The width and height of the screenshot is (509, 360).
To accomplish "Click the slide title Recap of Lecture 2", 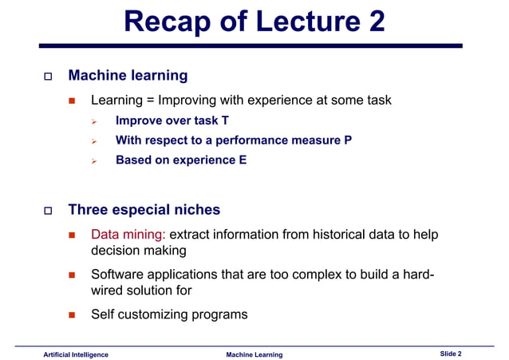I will coord(254,22).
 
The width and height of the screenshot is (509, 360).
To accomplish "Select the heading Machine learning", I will coord(128,76).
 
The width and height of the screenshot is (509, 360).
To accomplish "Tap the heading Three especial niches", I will coord(144,210).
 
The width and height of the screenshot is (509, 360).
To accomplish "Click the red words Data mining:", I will coord(128,235).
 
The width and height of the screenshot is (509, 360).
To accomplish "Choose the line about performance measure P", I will coord(233,140).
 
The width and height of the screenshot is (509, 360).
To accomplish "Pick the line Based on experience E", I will coord(181,160).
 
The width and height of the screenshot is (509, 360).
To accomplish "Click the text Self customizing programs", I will coord(169,314).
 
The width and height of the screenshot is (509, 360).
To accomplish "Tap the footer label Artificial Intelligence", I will coord(76,354).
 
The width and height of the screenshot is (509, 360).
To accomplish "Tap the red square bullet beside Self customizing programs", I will coord(71,315).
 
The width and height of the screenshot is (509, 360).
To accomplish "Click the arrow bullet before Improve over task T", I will coord(93,122).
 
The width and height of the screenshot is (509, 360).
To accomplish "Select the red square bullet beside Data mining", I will coord(71,236).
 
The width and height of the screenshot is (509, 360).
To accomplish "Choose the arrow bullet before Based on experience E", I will coord(93,160).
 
